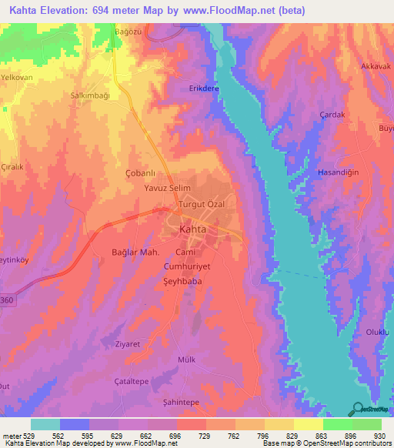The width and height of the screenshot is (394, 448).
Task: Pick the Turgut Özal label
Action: (202, 204)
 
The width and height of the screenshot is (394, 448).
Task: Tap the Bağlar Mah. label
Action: (135, 252)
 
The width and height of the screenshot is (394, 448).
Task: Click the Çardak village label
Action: (332, 114)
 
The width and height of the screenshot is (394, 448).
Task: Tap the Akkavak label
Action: (376, 66)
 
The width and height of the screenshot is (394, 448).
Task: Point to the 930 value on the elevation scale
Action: (379, 436)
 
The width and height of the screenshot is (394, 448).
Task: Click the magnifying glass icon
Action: (357, 410)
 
